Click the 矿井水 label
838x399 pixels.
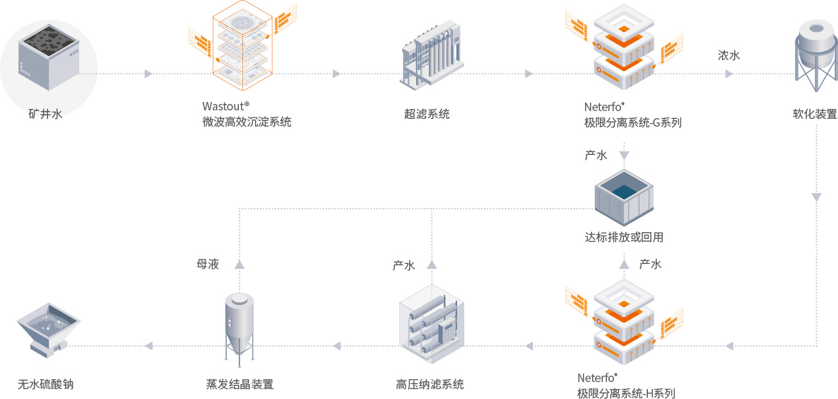(x=45, y=113)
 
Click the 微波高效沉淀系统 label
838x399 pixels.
(x=247, y=122)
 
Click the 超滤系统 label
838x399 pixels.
(x=427, y=114)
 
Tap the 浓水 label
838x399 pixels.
(x=729, y=55)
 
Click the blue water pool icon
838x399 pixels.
(x=623, y=195)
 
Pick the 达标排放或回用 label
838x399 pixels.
(x=624, y=238)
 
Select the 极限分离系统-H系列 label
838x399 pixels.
(x=626, y=393)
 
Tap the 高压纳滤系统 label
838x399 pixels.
(x=430, y=385)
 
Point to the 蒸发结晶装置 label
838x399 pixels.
(x=240, y=385)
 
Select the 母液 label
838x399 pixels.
(x=208, y=265)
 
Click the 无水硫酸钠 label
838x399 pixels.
(x=45, y=385)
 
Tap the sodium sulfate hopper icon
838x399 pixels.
(x=47, y=330)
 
